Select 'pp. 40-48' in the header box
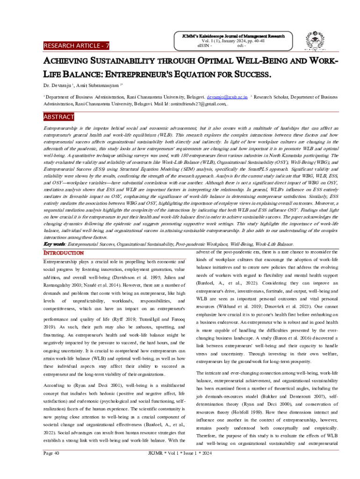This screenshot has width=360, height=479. tap(254, 41)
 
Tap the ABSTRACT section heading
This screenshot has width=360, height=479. tap(59, 116)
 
